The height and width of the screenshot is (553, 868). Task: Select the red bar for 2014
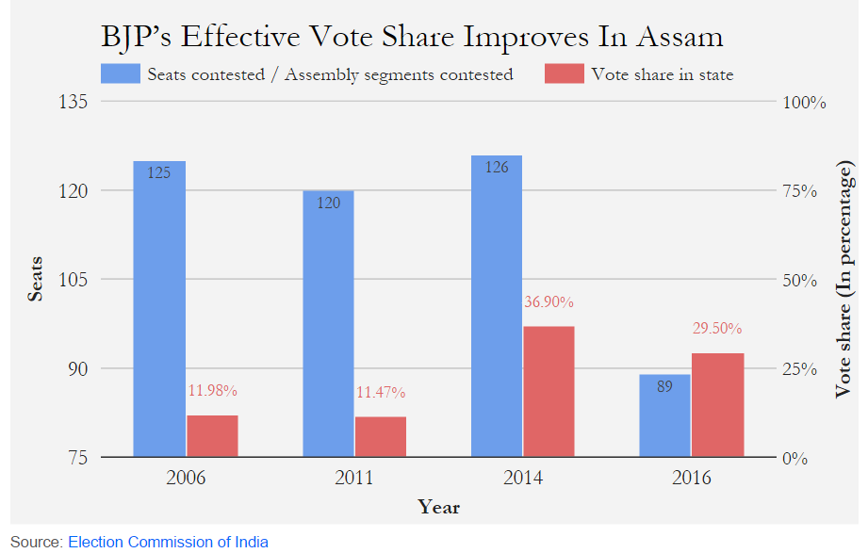pyautogui.click(x=549, y=392)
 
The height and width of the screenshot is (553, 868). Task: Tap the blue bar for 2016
pyautogui.click(x=664, y=415)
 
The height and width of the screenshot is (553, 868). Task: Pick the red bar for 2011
pyautogui.click(x=381, y=437)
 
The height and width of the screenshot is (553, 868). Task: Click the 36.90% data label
pyautogui.click(x=548, y=302)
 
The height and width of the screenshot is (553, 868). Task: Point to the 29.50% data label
pyautogui.click(x=716, y=329)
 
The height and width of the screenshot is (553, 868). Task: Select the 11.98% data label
pyautogui.click(x=212, y=390)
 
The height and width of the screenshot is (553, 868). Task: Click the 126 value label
pyautogui.click(x=496, y=168)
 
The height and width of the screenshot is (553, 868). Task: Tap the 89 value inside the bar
pyautogui.click(x=664, y=386)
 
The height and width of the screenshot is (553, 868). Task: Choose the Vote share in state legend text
pyautogui.click(x=662, y=74)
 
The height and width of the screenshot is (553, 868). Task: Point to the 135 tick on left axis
pyautogui.click(x=74, y=102)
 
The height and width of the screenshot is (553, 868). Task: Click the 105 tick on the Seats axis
pyautogui.click(x=74, y=280)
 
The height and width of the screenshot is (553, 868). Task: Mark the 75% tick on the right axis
pyautogui.click(x=805, y=191)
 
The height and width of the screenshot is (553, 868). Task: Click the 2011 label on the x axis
pyautogui.click(x=353, y=478)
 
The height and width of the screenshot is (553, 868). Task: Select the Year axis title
pyautogui.click(x=438, y=507)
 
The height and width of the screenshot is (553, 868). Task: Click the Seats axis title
pyautogui.click(x=35, y=279)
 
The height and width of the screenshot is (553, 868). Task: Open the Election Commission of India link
pyautogui.click(x=168, y=542)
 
